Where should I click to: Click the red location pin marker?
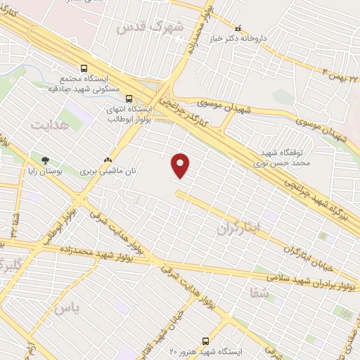(181, 165)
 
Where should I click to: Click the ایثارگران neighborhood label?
(238, 226)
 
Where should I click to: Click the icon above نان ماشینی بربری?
(108, 159)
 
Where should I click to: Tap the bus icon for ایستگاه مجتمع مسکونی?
(84, 69)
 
